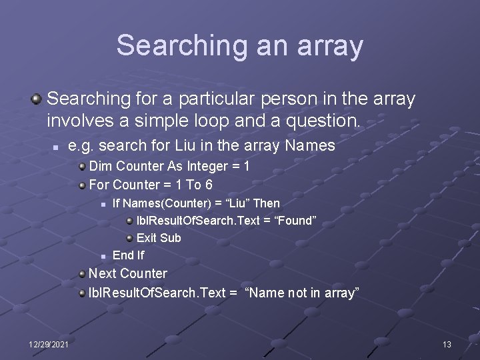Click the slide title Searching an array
tap(239, 45)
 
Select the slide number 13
tap(447, 344)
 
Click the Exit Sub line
tap(159, 238)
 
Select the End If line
tap(128, 255)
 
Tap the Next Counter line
tap(128, 273)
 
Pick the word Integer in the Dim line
tap(207, 166)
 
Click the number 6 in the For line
tap(209, 184)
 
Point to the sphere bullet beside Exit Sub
tap(129, 238)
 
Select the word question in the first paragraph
tap(327, 121)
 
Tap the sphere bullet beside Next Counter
tap(81, 274)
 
